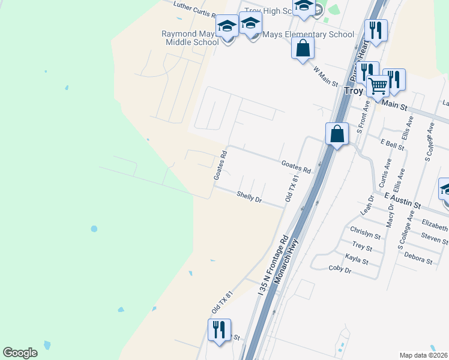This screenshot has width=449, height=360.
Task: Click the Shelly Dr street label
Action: point(249,196)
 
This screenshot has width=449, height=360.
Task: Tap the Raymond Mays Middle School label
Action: point(190,38)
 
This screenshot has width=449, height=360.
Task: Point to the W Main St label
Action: point(326,76)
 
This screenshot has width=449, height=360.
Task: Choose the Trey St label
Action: point(363,246)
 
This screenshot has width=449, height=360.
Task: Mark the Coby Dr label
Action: point(340,269)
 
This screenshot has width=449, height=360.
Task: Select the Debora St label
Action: point(418,261)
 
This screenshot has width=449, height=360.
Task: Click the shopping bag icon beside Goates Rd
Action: point(337,133)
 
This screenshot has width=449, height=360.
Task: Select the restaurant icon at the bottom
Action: point(219,329)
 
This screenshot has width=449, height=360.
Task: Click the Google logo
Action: point(20,353)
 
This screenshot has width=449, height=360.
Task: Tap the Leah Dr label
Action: point(367,205)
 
